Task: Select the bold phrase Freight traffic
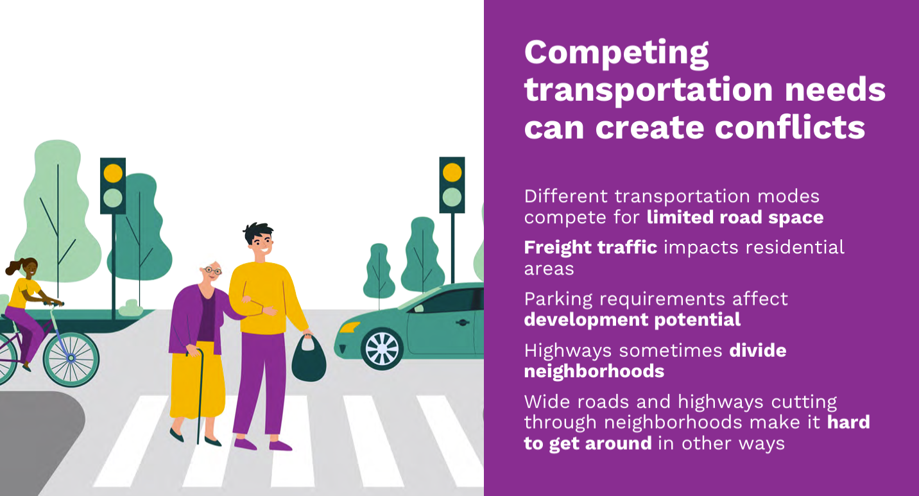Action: [x=590, y=248]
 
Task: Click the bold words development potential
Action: [x=632, y=320]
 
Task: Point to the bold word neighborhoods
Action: [x=594, y=372]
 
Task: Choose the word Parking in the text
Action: [x=558, y=300]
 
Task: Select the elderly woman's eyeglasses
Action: [x=212, y=270]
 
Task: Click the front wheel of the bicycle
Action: [x=71, y=359]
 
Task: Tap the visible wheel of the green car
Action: [x=382, y=349]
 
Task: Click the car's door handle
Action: [x=462, y=323]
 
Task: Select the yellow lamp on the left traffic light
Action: [x=113, y=173]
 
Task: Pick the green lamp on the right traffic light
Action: [x=452, y=198]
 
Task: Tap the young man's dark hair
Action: [x=257, y=233]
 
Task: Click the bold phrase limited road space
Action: [x=735, y=218]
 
